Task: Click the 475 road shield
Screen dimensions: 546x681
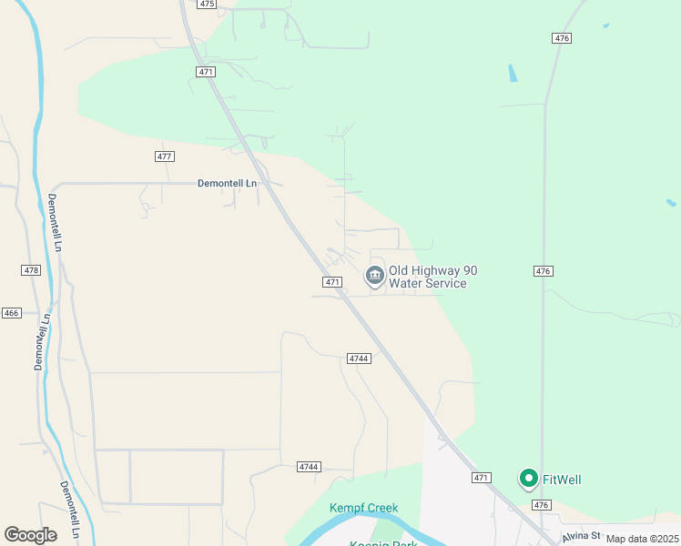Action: click(x=207, y=5)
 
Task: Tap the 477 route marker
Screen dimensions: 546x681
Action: click(x=164, y=157)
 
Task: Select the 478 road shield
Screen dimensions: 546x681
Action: click(x=31, y=270)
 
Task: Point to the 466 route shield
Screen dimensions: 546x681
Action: click(x=11, y=313)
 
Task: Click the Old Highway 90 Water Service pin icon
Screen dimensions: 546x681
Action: click(x=374, y=275)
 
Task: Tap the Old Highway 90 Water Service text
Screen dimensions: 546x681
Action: click(x=432, y=277)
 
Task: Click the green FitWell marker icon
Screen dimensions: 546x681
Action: click(x=528, y=478)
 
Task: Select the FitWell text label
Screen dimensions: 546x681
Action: click(x=563, y=480)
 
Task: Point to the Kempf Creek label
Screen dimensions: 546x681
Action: click(x=363, y=508)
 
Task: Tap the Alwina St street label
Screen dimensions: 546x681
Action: click(x=584, y=536)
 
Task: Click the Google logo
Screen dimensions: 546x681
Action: click(x=31, y=535)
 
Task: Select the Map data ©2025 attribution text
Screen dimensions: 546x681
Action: click(x=642, y=539)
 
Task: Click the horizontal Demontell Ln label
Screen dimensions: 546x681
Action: click(x=228, y=183)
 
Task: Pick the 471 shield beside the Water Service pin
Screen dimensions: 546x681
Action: click(x=332, y=282)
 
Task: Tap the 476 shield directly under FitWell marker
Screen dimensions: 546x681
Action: click(x=542, y=505)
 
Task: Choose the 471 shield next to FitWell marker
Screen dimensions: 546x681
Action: click(x=482, y=478)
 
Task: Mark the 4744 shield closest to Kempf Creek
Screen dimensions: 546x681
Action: click(x=309, y=467)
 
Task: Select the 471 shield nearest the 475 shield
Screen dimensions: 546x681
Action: click(x=205, y=72)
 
